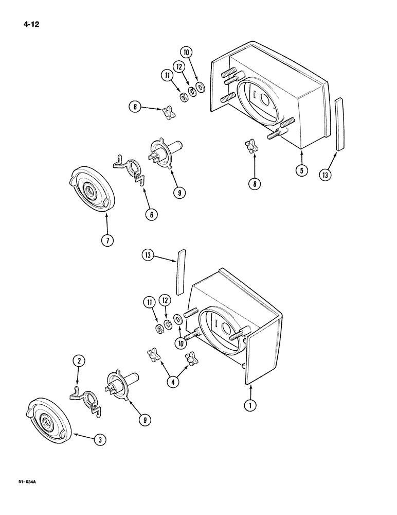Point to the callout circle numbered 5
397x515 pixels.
300,169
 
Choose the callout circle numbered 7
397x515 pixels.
106,240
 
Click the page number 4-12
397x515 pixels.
31,23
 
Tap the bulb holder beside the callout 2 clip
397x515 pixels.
121,387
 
